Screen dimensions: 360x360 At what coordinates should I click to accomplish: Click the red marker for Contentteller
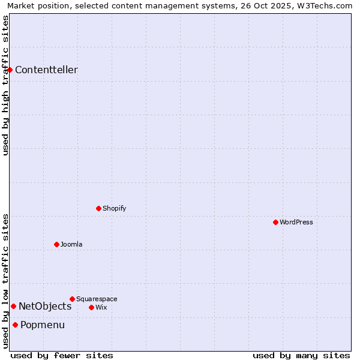pos(10,70)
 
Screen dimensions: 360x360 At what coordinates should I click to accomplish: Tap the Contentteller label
pos(46,70)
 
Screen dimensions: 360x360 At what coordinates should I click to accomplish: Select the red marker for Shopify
pos(98,208)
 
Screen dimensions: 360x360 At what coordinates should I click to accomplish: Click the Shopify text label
pos(114,208)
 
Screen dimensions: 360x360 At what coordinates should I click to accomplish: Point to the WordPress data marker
pos(275,222)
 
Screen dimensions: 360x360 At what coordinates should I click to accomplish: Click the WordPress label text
pos(296,222)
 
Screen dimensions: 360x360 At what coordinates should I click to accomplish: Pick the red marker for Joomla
pos(56,244)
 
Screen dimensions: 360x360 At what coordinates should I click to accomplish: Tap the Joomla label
pos(71,244)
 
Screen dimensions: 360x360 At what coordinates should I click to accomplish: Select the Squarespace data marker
pos(72,299)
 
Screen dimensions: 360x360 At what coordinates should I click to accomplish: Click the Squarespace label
pos(97,299)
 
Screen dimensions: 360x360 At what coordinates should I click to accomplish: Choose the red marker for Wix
pos(91,307)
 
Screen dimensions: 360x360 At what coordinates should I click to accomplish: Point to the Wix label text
pos(101,307)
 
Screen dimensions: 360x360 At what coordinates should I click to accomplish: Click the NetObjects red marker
pos(13,306)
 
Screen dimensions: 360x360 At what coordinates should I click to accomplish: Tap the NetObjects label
pos(45,306)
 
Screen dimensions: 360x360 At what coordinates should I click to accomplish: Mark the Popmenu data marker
pos(15,325)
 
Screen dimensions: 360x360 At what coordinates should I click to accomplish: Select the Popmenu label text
pos(43,325)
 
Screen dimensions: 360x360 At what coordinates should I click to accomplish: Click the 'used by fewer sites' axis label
pos(62,355)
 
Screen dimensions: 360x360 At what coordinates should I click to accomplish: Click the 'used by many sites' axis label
pos(301,355)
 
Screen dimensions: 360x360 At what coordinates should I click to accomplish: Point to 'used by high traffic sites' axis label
pos(5,85)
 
